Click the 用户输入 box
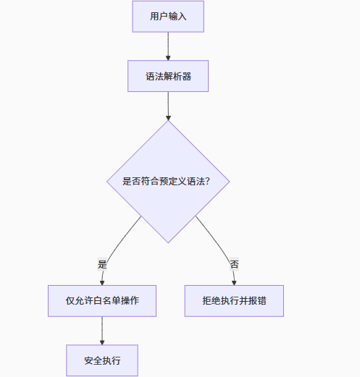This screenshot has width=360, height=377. tap(168, 17)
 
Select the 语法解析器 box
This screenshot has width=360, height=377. tap(168, 76)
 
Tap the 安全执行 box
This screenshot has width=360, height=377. tap(102, 360)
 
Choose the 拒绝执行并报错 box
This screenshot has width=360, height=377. tap(234, 300)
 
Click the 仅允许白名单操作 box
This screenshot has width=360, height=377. tap(102, 300)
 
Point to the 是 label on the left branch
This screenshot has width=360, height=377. tap(102, 264)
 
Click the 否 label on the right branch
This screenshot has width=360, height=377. tap(234, 264)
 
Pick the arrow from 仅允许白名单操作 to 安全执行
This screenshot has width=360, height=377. tap(102, 330)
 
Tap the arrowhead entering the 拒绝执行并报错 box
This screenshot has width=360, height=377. tap(234, 282)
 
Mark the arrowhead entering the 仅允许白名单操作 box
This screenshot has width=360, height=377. tap(102, 282)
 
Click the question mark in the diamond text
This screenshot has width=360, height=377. tap(208, 182)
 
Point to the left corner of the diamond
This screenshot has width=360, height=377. tap(107, 182)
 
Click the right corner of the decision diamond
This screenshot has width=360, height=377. tap(230, 182)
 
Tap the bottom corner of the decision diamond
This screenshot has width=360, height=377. tap(168, 242)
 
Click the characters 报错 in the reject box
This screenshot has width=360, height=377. tap(256, 300)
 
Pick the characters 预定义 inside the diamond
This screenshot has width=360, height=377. tap(173, 182)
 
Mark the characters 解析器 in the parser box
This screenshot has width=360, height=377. tap(177, 76)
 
